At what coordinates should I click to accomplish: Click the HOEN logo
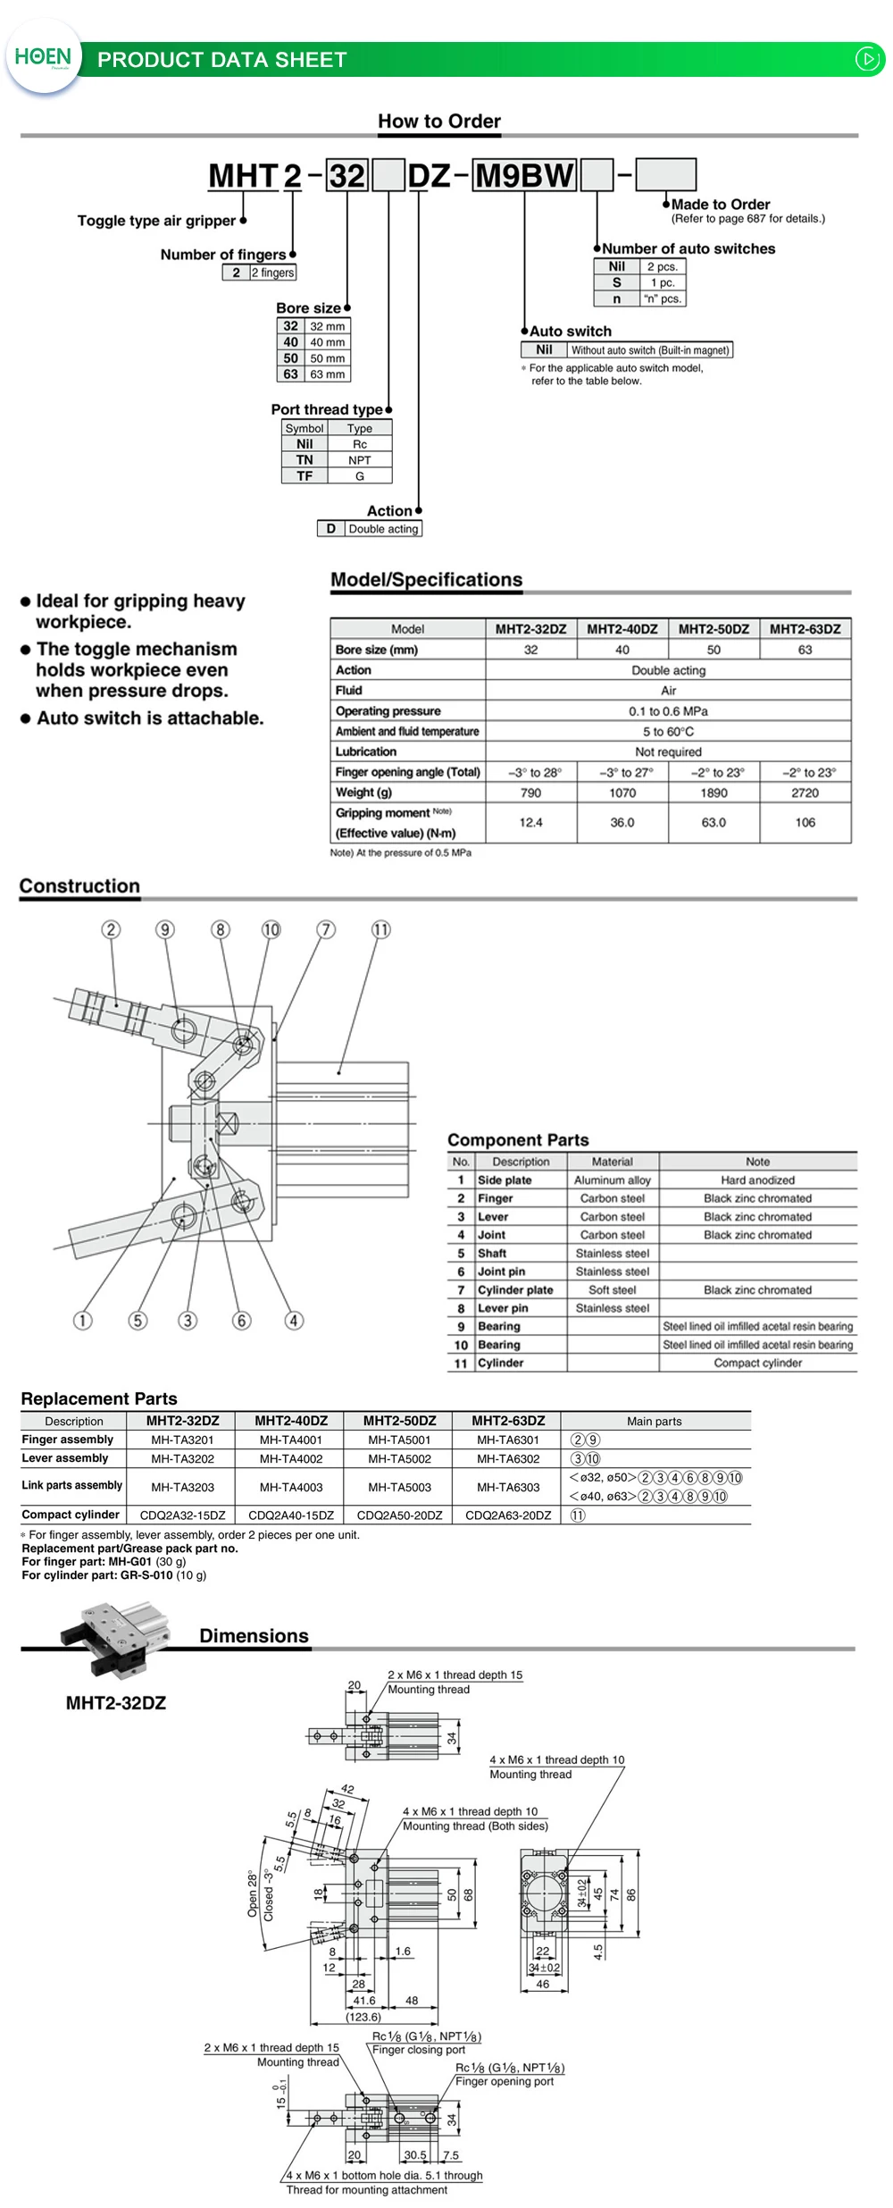(x=42, y=57)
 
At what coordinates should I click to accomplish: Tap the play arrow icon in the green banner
(x=867, y=59)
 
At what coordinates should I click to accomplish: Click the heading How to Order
(x=438, y=122)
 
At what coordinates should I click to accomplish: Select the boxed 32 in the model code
(x=346, y=175)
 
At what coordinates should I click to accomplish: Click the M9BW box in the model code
(x=524, y=175)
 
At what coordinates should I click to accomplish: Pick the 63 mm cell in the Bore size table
(x=327, y=374)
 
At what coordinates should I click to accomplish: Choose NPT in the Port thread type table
(x=359, y=460)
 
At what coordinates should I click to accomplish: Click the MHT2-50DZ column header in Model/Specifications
(x=714, y=629)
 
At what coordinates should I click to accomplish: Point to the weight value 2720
(x=805, y=793)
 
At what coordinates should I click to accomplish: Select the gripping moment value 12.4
(x=530, y=822)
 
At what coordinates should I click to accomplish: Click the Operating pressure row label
(x=388, y=711)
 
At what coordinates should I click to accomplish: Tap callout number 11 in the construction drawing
(x=380, y=929)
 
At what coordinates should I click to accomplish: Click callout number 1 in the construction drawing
(x=82, y=1320)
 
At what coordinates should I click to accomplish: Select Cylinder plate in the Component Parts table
(x=515, y=1289)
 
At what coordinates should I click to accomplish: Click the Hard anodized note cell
(x=757, y=1180)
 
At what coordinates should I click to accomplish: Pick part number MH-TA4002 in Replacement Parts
(x=291, y=1458)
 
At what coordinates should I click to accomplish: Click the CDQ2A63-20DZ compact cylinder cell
(x=508, y=1515)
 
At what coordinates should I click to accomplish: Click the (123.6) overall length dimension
(x=363, y=2017)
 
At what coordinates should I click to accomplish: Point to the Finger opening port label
(x=505, y=2081)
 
